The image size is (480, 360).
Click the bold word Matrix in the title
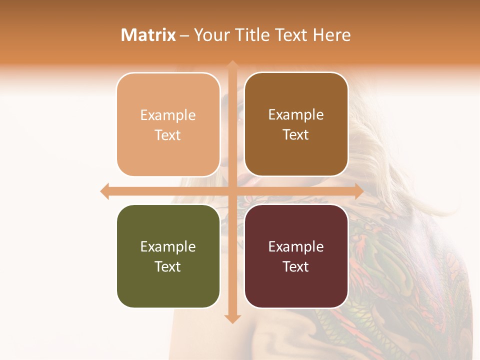[x=148, y=35]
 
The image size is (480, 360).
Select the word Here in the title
[x=332, y=35]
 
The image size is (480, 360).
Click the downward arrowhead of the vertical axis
[x=232, y=318]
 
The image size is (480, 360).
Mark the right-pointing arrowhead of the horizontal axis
[x=358, y=191]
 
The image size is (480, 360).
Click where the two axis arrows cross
[x=232, y=191]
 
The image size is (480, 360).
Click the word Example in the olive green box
[x=168, y=246]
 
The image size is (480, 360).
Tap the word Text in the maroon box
[x=296, y=266]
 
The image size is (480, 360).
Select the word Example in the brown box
[x=296, y=115]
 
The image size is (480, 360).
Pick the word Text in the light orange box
[x=168, y=135]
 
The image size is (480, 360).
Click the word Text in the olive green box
[x=168, y=266]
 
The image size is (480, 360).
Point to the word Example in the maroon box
[x=296, y=246]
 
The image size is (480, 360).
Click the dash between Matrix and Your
[x=184, y=35]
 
